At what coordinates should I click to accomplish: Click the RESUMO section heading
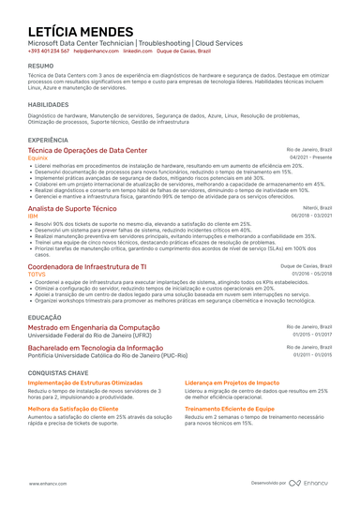(40, 67)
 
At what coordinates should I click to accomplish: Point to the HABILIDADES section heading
(48, 104)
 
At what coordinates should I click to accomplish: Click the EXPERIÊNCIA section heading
(48, 139)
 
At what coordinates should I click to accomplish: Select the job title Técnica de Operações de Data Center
(87, 150)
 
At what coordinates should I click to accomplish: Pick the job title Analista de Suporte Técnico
(72, 207)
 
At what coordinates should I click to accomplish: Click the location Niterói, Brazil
(314, 207)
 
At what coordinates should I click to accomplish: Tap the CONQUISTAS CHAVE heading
(58, 372)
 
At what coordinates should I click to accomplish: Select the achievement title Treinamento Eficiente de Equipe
(230, 409)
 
